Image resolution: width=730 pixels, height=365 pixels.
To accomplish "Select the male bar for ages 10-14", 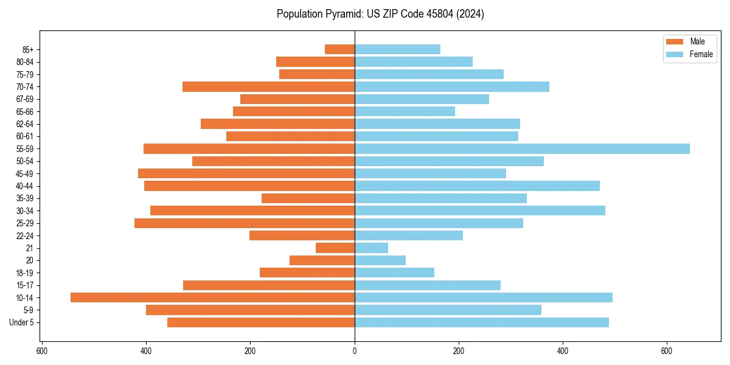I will pos(212,297).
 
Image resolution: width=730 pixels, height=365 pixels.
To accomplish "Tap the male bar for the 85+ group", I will pos(339,49).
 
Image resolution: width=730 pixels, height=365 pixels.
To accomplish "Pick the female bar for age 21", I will pos(371,248).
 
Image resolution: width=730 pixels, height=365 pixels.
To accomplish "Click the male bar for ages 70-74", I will pos(268,86).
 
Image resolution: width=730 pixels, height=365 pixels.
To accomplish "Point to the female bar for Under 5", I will pos(481,322).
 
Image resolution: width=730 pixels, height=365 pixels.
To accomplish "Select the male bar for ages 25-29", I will pos(244,223).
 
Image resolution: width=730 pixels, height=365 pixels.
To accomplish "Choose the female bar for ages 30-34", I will pos(479,210).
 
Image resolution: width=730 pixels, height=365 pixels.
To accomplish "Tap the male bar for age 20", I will pos(322,260).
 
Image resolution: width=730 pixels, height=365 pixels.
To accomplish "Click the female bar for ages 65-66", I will pos(405,111).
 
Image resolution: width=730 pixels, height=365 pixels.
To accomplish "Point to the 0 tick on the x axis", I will pos(355,351).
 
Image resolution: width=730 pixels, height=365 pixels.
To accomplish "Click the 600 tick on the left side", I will pos(42,351).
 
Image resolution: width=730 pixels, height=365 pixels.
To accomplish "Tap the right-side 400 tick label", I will pos(563,351).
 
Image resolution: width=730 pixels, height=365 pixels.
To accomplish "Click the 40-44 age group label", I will pos(25,186).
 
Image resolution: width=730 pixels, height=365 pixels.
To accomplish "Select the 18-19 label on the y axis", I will pos(25,273).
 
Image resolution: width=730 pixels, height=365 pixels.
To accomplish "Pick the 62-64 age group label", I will pos(25,123).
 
